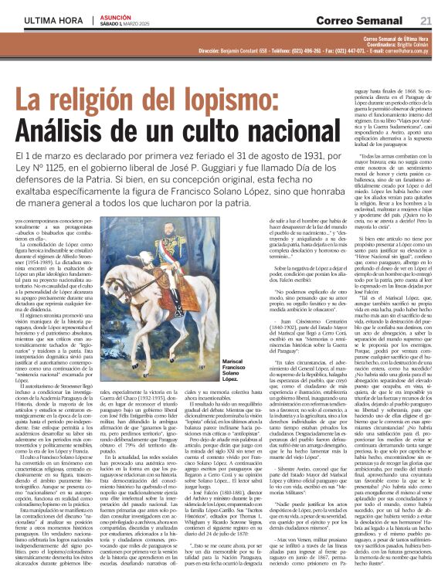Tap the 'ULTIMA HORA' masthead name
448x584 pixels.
click(49, 20)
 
